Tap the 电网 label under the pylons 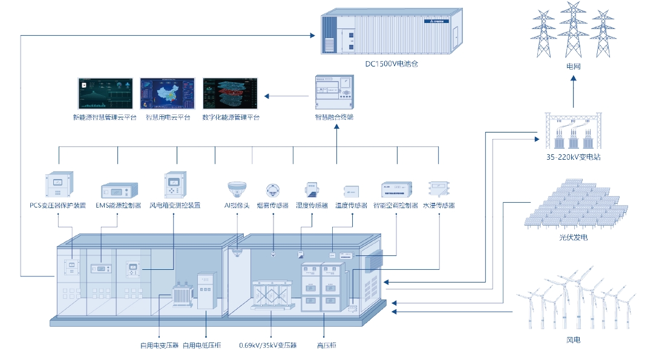point(573,67)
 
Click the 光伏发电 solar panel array point(572,205)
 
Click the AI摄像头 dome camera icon point(237,188)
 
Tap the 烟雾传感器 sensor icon point(273,190)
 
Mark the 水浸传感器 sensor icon point(438,188)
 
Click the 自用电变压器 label point(159,345)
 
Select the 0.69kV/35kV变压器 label point(268,345)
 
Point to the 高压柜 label point(326,345)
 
